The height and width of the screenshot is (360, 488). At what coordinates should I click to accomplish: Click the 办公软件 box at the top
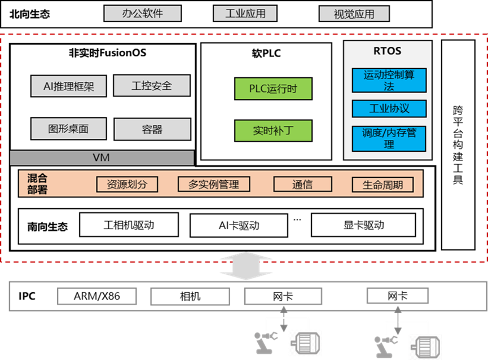pos(143,14)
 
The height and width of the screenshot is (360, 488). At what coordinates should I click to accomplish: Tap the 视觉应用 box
pos(354,14)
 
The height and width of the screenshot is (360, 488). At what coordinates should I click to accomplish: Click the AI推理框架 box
pos(69,86)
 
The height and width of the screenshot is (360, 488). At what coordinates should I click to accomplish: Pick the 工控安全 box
pos(152,86)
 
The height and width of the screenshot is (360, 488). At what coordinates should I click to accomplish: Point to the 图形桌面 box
pos(69,129)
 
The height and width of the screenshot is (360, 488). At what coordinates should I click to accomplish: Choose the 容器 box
pos(152,129)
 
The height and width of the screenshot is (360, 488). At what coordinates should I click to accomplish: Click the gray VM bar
pos(102,158)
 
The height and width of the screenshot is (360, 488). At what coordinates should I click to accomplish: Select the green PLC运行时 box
pos(273,89)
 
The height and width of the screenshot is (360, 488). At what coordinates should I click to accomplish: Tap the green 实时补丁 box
pos(273,131)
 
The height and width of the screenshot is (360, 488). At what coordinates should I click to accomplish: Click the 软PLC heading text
pos(266,54)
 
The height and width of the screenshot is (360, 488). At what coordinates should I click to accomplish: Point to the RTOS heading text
pos(388,51)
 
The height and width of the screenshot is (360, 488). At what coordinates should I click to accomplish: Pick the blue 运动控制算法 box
pos(389,80)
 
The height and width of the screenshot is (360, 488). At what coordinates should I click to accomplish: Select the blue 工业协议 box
pos(389,108)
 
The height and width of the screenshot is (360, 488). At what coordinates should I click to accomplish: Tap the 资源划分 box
pos(127,185)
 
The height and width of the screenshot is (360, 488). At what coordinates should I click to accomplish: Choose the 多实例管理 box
pos(213,185)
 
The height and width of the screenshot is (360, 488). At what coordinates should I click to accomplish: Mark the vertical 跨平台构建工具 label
pos(458,145)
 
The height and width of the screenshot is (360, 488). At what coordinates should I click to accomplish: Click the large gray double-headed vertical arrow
pos(245,266)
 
